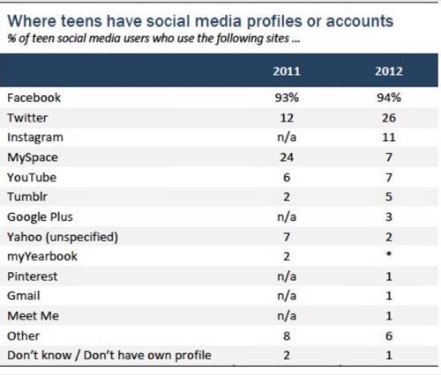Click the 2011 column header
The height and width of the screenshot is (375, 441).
coord(287,71)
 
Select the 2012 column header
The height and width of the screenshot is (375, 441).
coord(389,71)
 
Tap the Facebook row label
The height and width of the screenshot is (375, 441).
coord(34,98)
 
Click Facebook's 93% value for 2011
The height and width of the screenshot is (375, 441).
coord(287,98)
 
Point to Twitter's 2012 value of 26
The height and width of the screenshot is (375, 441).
coord(389,118)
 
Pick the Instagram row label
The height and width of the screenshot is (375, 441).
coord(35,138)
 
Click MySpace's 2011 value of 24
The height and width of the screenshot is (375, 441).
coord(287,158)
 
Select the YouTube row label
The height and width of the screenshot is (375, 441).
coord(32,178)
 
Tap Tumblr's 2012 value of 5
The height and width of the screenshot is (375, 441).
coord(389,196)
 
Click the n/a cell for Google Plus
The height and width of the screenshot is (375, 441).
coord(287,217)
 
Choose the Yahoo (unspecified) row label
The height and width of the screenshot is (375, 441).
coord(63,237)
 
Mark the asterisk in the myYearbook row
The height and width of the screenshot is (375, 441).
coord(389,254)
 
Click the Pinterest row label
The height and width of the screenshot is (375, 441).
coord(33,276)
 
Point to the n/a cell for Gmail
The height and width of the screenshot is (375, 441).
coord(287,296)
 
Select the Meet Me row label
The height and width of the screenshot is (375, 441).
coord(34,316)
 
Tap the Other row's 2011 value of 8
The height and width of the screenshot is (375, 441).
coord(287,336)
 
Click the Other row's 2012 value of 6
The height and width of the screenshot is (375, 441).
coord(389,336)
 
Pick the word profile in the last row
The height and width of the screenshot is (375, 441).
coord(193,356)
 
